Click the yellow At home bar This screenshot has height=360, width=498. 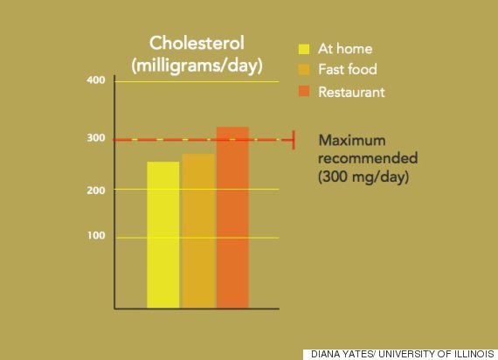[x=163, y=235]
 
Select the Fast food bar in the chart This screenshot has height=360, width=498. [x=199, y=231]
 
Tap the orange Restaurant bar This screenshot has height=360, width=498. [x=232, y=218]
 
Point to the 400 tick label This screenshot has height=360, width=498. [x=96, y=80]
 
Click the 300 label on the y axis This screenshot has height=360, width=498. [x=96, y=138]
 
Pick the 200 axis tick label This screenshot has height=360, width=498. [x=96, y=190]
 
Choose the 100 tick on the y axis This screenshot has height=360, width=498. [x=96, y=235]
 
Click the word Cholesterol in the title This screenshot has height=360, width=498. [x=197, y=43]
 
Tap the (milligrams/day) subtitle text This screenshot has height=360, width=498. [x=197, y=66]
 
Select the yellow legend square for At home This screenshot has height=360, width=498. [x=304, y=49]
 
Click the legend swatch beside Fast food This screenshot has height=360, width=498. [x=304, y=70]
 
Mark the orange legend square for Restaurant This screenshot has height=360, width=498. [x=304, y=91]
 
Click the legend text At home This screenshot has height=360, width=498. [x=345, y=49]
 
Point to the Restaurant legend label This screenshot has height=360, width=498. [x=351, y=92]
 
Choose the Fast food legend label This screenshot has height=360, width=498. [x=348, y=69]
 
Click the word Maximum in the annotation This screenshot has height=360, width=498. [x=352, y=140]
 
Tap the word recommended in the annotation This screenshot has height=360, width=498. [x=368, y=158]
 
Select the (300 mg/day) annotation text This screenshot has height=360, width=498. [x=363, y=177]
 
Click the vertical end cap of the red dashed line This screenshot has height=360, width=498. [x=294, y=140]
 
